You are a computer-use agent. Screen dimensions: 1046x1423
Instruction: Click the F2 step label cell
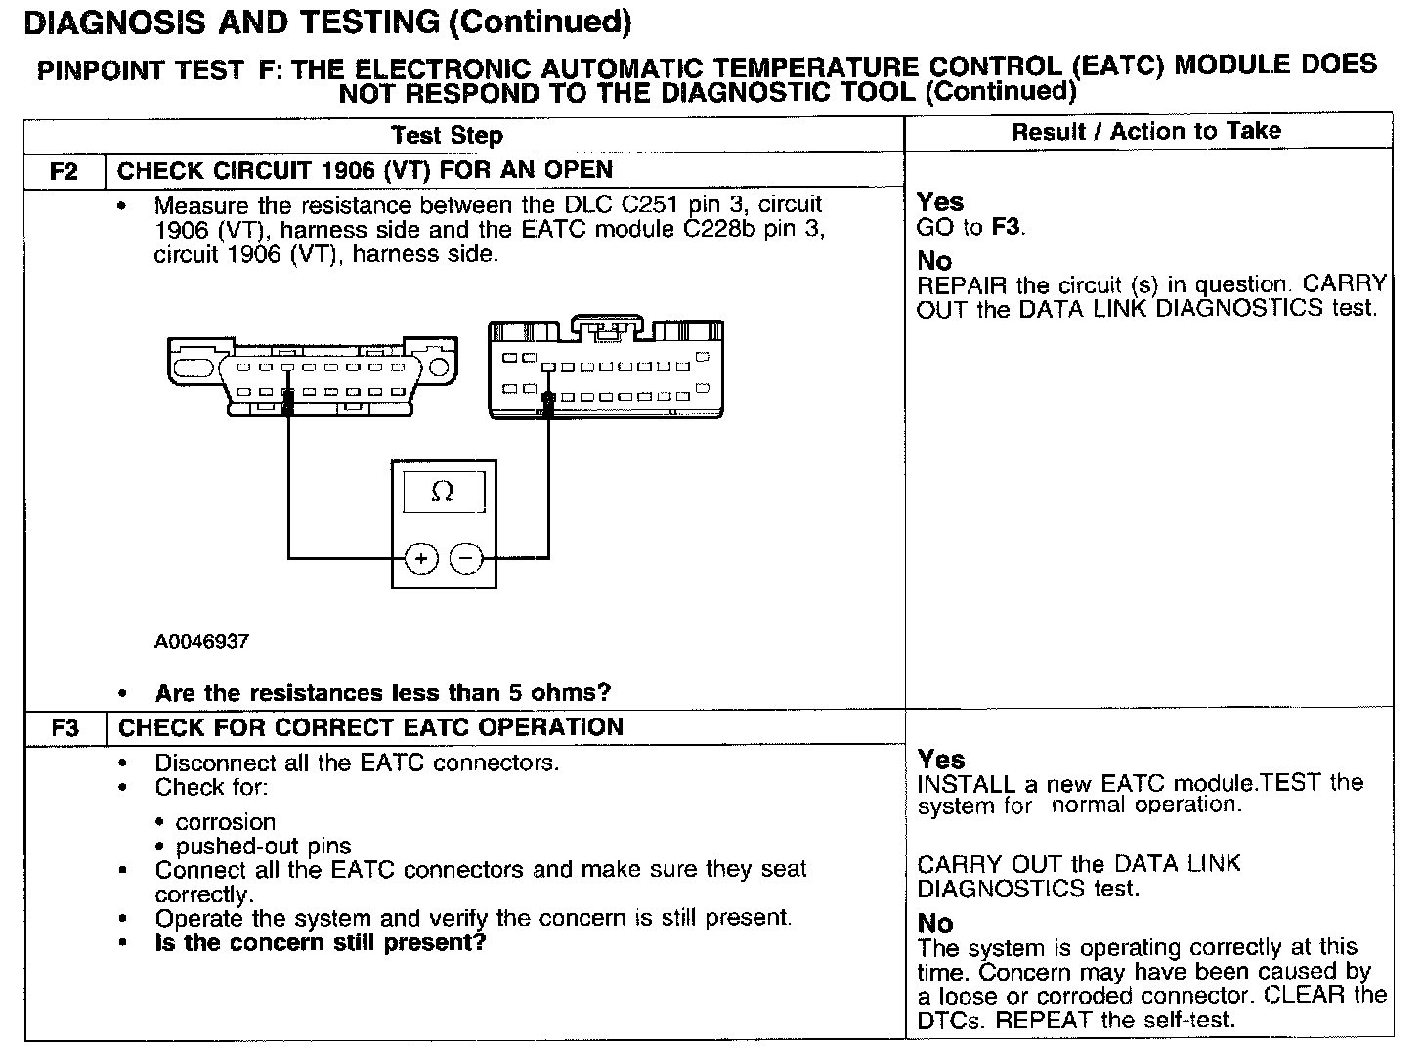(64, 172)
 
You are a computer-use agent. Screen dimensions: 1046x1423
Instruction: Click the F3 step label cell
(65, 729)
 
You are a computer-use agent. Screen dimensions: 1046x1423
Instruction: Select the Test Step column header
(447, 135)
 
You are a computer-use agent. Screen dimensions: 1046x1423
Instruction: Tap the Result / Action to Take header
(1145, 131)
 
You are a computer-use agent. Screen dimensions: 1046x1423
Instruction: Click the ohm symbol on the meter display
(443, 493)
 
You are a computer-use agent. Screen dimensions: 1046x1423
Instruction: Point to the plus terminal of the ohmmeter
(420, 558)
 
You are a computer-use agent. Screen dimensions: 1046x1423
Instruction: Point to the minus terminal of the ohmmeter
(466, 558)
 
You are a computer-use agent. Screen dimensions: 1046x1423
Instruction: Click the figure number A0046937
(201, 642)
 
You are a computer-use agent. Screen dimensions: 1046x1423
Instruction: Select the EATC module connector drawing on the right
(606, 370)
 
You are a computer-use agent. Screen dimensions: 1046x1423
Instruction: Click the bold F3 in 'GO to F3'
(1006, 228)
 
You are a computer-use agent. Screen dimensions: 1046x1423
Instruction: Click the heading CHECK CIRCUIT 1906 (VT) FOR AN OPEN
(365, 170)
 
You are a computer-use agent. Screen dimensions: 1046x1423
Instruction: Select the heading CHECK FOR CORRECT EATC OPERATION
(370, 727)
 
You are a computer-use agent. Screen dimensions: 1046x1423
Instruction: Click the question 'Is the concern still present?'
(321, 943)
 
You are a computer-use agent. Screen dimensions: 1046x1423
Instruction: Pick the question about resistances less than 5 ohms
(382, 693)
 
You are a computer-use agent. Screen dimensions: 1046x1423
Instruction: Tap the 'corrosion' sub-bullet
(226, 822)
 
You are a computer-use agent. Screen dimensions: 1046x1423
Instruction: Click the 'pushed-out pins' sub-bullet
(263, 847)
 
